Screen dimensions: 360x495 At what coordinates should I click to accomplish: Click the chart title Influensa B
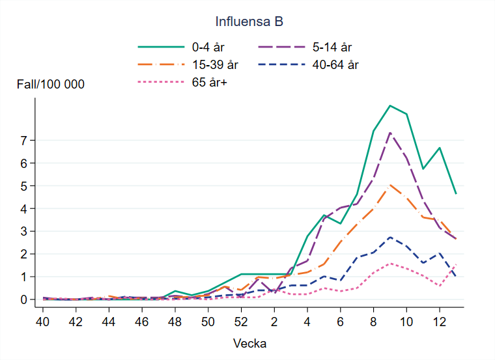(249, 21)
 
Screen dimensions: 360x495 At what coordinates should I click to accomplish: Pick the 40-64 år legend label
(335, 64)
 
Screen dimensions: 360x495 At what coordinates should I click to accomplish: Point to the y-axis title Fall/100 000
(51, 85)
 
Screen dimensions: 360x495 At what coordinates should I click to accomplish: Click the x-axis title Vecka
(249, 342)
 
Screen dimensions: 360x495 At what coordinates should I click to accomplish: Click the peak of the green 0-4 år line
(389, 105)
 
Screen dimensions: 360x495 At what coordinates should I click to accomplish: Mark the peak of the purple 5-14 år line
(389, 133)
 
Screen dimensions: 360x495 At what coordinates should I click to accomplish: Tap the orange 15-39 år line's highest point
(389, 185)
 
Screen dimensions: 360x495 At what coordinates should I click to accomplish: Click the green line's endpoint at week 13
(456, 194)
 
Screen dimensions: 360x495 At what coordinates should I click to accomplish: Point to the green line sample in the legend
(161, 47)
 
